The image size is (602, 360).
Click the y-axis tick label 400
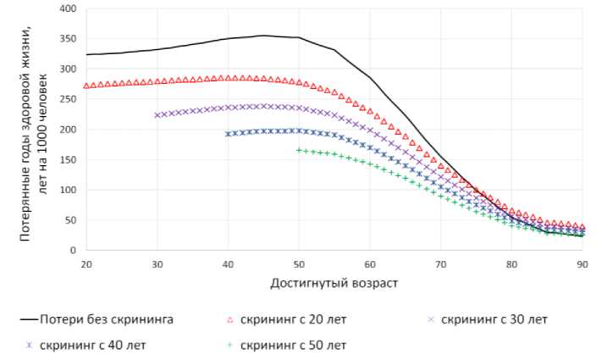(66, 9)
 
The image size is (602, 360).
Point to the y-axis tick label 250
(66, 100)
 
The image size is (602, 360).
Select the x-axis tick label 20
(86, 264)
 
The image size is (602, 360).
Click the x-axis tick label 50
(298, 264)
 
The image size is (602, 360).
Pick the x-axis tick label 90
(583, 264)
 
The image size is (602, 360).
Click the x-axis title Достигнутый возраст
(334, 281)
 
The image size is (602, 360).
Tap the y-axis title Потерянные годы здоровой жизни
(25, 131)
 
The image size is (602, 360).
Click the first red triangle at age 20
(86, 86)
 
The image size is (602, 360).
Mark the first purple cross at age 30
(157, 115)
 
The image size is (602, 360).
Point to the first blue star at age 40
(228, 134)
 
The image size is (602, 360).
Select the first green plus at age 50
(298, 150)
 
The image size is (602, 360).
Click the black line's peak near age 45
(263, 36)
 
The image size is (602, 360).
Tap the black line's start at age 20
(86, 54)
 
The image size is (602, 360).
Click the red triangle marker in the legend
(229, 319)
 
